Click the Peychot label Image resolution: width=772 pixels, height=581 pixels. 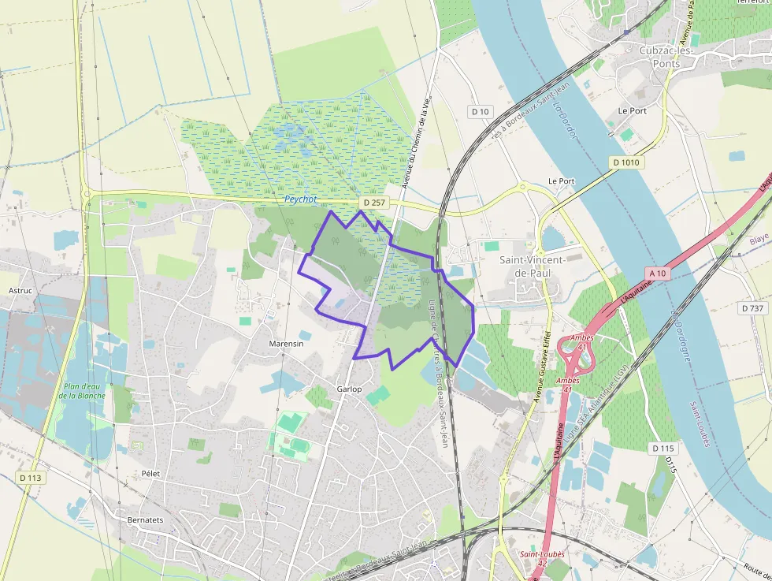coord(300,199)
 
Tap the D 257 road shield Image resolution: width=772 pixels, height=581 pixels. coord(375,203)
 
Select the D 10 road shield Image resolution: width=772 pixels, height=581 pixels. coord(480,111)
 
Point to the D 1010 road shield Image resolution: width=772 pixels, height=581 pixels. coord(627,162)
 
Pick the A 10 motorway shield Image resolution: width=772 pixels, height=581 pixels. coord(659,273)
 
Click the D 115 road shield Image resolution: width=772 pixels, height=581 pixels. coord(665,448)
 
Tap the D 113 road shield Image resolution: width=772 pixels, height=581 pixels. coord(31,478)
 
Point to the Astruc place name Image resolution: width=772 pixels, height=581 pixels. coord(20,290)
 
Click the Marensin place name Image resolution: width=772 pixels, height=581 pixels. coord(286,345)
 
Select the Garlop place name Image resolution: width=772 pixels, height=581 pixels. coord(349,389)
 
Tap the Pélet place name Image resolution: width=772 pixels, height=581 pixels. coord(150,473)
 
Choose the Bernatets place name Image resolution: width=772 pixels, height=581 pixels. coord(146,520)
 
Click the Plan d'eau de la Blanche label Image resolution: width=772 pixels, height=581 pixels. coord(84,391)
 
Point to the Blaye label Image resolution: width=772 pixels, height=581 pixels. coord(759,239)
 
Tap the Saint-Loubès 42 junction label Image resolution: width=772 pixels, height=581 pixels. coord(542,559)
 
